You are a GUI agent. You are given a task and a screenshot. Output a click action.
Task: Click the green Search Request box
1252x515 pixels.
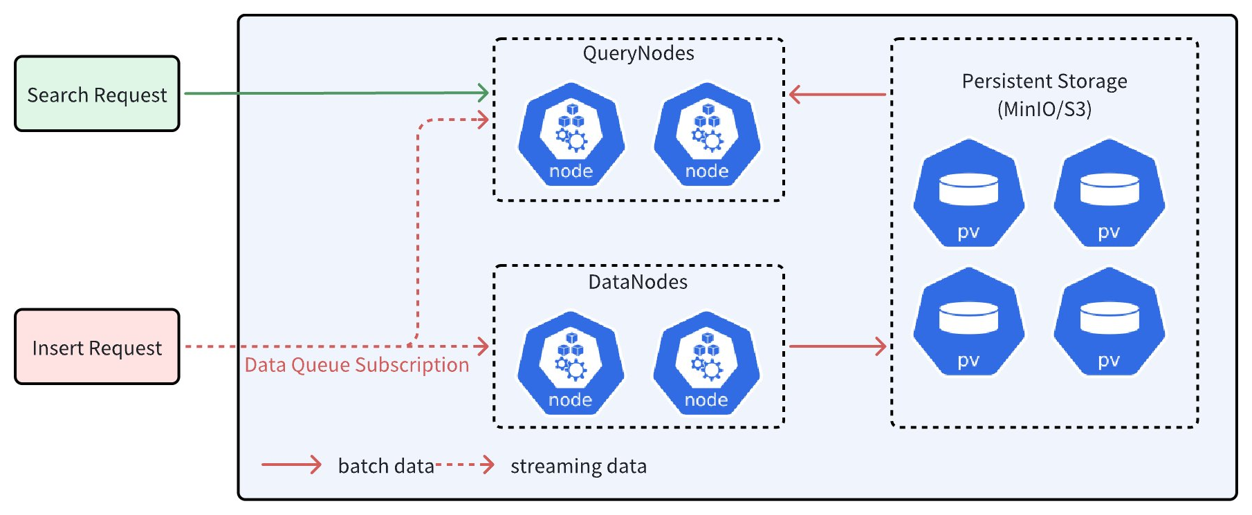[x=97, y=94]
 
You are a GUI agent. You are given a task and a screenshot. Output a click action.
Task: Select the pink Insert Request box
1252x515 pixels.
[x=97, y=347]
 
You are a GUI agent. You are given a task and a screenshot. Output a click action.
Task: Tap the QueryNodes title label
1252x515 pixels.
[x=638, y=54]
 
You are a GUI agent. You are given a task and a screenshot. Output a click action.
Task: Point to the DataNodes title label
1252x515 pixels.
[x=638, y=282]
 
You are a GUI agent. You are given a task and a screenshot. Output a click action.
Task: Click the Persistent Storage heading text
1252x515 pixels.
[x=1044, y=82]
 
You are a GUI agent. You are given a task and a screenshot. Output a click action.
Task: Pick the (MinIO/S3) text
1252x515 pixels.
[x=1044, y=109]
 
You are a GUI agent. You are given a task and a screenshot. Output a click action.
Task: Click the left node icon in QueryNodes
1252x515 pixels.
[x=571, y=135]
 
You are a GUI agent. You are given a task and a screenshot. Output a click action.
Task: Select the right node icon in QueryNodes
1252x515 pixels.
[x=707, y=135]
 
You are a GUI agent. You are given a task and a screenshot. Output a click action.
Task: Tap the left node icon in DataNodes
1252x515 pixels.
[x=571, y=364]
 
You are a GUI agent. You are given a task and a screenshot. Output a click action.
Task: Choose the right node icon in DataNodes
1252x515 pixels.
[x=706, y=364]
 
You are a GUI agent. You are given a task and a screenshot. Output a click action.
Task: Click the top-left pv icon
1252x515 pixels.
[x=968, y=194]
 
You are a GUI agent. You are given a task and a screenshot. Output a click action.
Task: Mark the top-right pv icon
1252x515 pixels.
[x=1109, y=194]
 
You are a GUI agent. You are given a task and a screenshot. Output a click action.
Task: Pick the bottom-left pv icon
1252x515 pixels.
[x=968, y=322]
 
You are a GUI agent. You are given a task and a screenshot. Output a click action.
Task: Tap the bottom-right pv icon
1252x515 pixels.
[x=1109, y=322]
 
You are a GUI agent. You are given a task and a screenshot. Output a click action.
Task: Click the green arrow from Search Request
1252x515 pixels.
[x=336, y=93]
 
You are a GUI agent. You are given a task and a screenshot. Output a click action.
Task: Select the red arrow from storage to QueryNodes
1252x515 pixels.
[x=837, y=94]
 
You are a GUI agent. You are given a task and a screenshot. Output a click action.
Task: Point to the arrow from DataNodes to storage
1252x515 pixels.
[x=837, y=346]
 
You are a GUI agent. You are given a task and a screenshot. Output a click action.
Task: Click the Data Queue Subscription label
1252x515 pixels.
[x=357, y=365]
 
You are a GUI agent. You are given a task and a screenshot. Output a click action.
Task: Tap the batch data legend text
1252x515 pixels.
[x=385, y=466]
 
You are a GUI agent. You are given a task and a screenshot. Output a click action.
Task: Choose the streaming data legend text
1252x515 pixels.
[x=578, y=466]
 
